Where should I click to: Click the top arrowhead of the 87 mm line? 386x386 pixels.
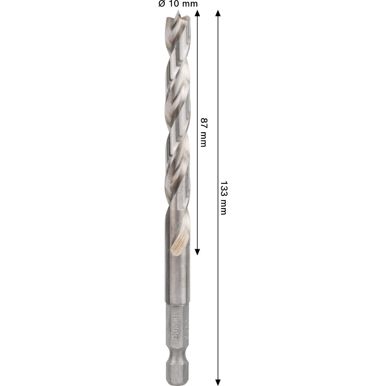click(198, 13)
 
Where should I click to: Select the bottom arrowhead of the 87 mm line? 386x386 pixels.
click(198, 251)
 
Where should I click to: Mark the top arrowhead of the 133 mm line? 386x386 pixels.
click(218, 13)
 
